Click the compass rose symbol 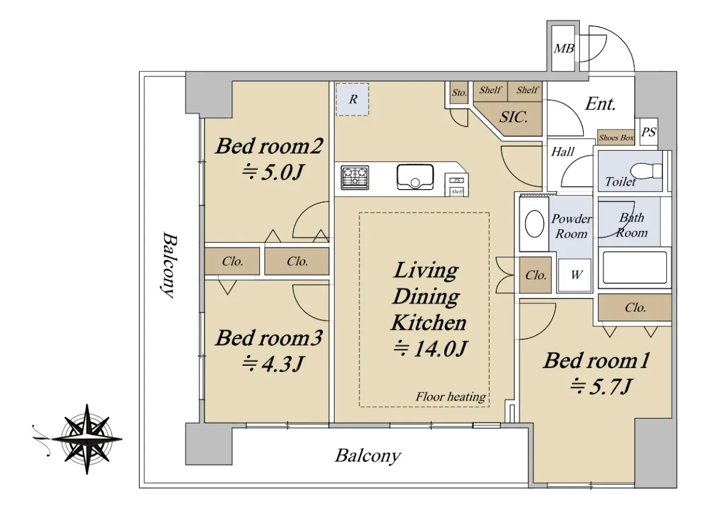[87, 439]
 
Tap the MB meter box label [564, 48]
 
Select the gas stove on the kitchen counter [355, 178]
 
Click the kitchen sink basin [415, 177]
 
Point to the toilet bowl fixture [646, 171]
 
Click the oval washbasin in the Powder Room [534, 224]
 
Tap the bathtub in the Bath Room [635, 267]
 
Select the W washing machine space [575, 275]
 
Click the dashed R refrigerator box [352, 99]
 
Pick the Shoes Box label [616, 138]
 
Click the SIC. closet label [513, 117]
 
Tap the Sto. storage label [459, 92]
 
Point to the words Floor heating [451, 396]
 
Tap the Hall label [563, 152]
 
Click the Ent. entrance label [600, 104]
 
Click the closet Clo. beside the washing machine [536, 276]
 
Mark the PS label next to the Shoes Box [649, 132]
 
